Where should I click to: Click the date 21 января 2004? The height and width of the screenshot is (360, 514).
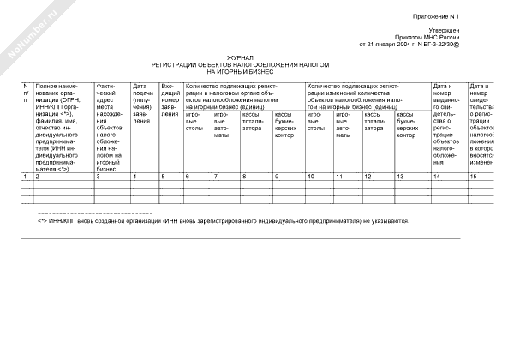[399, 45]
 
